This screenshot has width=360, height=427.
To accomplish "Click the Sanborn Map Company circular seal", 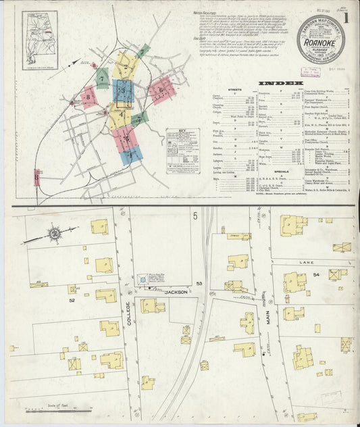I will tap(320, 39).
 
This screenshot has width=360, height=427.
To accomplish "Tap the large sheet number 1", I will tap(346, 18).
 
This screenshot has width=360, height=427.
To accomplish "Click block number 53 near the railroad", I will tap(199, 283).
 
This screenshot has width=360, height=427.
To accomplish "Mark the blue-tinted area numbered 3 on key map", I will tap(122, 91).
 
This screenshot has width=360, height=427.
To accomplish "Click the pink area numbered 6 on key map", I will tap(161, 88).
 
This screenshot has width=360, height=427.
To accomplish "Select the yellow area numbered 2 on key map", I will tap(124, 66).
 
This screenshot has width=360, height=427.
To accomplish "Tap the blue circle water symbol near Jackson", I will tap(143, 278).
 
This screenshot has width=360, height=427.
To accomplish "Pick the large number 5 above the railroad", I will tap(195, 216).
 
